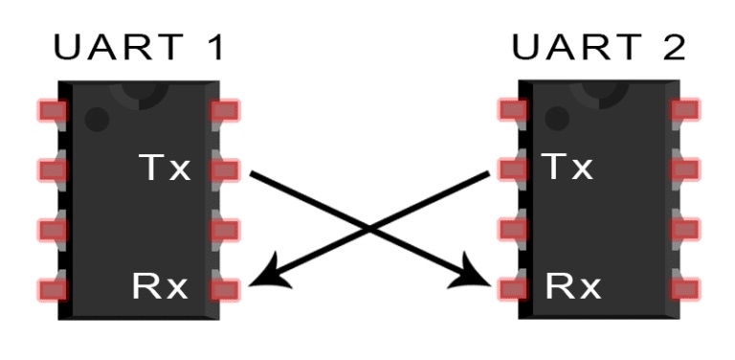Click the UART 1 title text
point(140,48)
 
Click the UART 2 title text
point(598,48)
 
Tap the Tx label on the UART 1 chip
point(164,169)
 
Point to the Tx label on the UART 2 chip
point(568,168)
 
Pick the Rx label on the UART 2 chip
point(573,285)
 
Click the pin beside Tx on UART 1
point(225,170)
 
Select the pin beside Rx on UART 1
point(225,287)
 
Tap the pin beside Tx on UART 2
point(512,169)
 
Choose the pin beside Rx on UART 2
point(512,286)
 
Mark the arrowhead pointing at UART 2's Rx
point(481,277)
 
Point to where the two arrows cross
point(370,229)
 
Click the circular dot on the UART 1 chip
point(97,119)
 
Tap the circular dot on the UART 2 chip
point(556,119)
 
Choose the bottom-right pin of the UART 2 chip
point(685,286)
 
